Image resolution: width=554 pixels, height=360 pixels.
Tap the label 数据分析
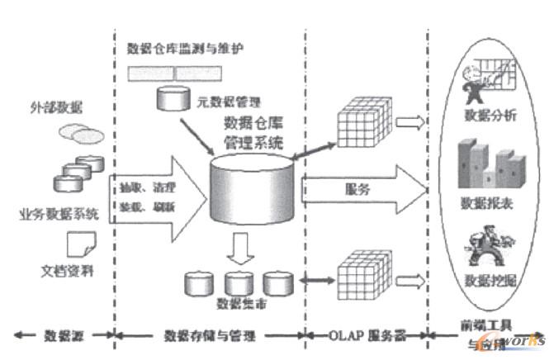pyautogui.click(x=489, y=115)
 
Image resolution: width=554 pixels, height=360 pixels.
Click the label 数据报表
pyautogui.click(x=489, y=202)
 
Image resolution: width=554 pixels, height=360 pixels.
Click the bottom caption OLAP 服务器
pyautogui.click(x=362, y=335)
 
